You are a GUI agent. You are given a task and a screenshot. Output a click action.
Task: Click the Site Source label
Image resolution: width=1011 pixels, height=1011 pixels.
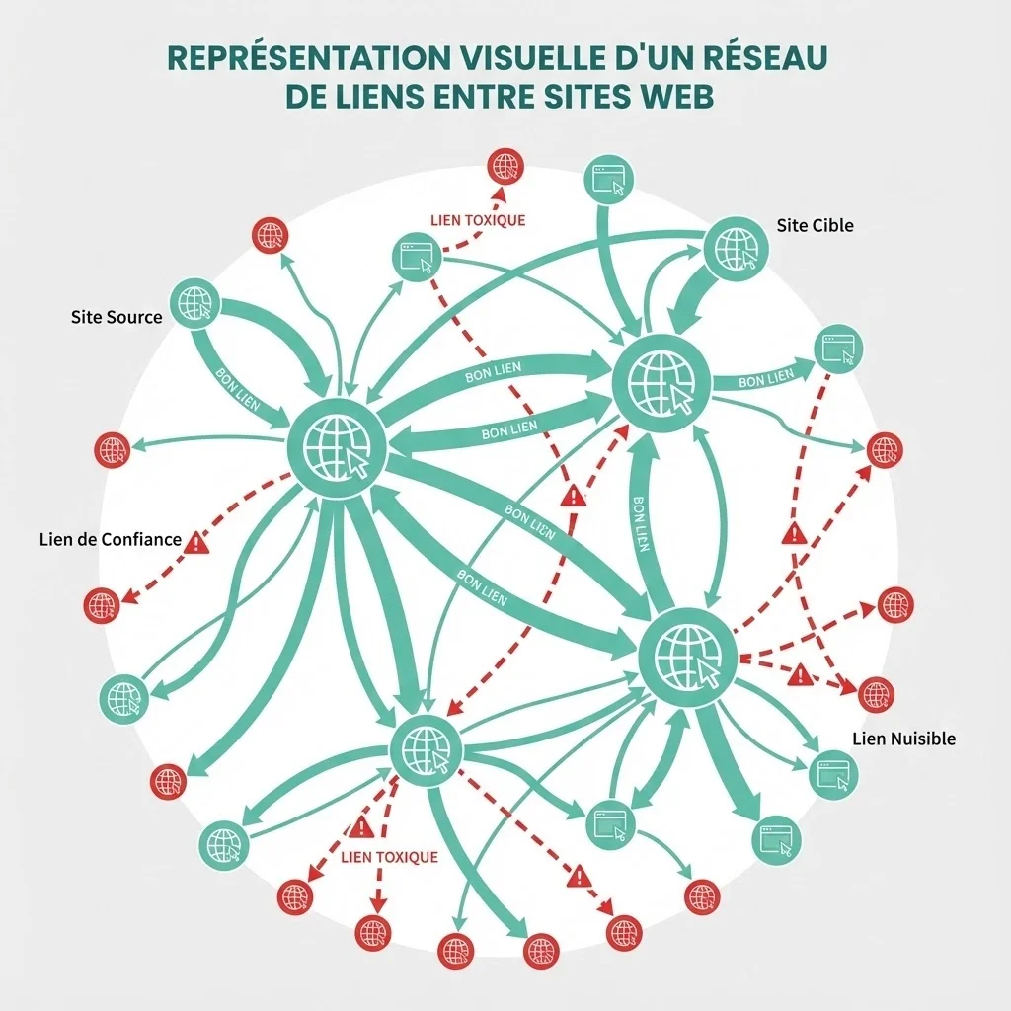click(x=117, y=318)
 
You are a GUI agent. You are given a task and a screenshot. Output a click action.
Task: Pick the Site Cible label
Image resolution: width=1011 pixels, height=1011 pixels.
click(x=815, y=225)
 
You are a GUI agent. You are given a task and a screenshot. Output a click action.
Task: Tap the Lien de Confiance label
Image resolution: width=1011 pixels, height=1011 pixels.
click(x=111, y=540)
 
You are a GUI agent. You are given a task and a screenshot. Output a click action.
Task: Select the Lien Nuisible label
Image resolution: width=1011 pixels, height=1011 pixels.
click(x=903, y=739)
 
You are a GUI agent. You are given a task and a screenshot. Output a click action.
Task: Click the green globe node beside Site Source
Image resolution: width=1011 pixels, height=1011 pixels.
click(x=194, y=303)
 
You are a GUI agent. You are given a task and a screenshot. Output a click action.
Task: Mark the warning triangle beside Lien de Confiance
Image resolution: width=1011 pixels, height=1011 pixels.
click(x=197, y=541)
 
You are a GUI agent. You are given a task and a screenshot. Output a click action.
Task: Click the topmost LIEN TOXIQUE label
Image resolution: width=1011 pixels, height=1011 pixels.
click(x=479, y=220)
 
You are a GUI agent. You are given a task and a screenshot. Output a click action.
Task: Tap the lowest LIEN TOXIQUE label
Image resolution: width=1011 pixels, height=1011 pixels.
click(x=388, y=857)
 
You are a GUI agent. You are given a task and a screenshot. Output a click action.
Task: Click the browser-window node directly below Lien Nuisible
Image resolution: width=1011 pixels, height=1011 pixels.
click(x=833, y=773)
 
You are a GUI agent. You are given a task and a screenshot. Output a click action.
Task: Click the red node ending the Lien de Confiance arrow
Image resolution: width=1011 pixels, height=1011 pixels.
click(x=101, y=604)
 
